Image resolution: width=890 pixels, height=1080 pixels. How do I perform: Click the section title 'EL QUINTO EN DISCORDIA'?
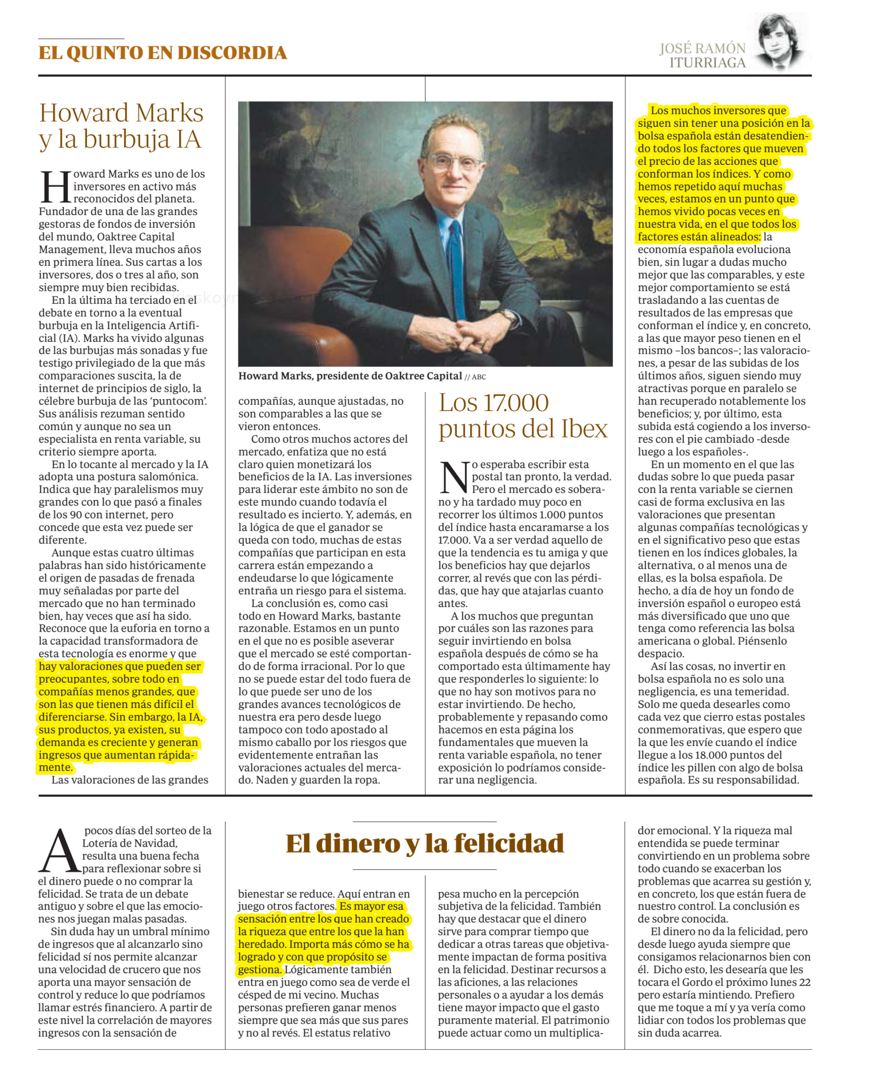(163, 53)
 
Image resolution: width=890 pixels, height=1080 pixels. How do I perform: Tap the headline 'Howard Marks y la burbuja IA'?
(122, 126)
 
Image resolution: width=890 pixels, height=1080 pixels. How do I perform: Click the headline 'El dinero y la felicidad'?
(424, 843)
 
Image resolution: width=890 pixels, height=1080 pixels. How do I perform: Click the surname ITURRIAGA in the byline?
(707, 63)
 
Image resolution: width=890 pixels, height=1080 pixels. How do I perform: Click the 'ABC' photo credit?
(479, 377)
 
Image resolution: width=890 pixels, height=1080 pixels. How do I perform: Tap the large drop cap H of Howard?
(55, 186)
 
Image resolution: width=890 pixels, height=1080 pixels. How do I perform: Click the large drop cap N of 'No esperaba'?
(454, 477)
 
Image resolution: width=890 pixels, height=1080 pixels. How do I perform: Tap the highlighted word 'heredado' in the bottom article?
(261, 944)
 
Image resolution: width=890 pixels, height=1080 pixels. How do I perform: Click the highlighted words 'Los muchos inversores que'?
(718, 111)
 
